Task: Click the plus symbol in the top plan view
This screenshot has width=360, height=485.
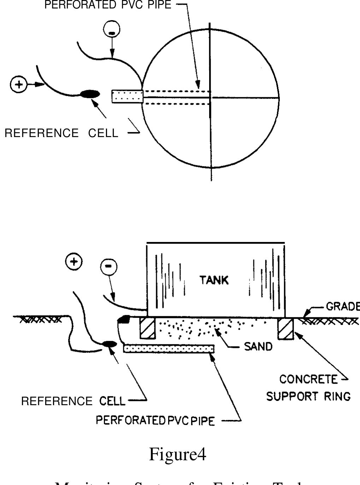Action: point(18,85)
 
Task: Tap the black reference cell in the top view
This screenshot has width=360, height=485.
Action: point(90,94)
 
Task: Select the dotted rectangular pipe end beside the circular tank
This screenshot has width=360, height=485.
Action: point(127,96)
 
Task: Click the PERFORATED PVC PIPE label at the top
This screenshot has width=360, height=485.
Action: point(108,5)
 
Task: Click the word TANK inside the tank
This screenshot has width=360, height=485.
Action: point(214,280)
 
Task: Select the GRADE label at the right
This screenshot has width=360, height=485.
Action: point(342,306)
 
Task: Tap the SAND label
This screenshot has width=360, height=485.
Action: point(258,347)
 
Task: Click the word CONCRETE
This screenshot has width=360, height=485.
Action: point(308,379)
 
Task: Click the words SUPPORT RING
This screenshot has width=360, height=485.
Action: point(308,396)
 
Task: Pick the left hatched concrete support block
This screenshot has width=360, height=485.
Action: point(148,328)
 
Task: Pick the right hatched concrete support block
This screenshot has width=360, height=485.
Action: point(285,328)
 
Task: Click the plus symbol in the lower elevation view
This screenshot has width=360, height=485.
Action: point(74,262)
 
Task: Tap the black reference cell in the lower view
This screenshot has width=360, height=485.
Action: point(109,344)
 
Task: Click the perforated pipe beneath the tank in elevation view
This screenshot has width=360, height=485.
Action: point(169,349)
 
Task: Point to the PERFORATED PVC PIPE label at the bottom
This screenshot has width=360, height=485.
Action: point(155,421)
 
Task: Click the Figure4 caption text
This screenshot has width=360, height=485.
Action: point(177,454)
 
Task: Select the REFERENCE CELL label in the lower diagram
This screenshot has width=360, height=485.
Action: point(73,401)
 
